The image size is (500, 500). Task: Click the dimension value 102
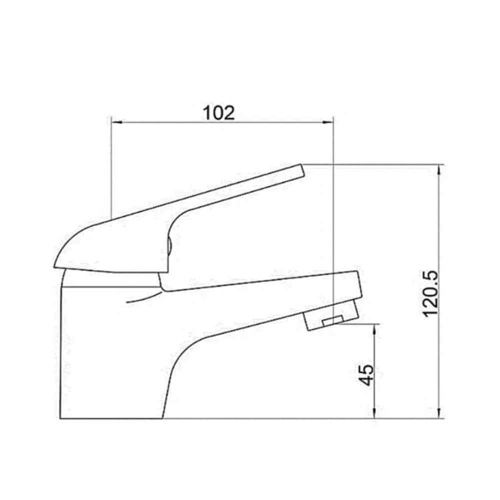tap(218, 112)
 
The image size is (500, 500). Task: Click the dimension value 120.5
tap(430, 293)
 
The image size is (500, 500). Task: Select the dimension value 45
tap(367, 374)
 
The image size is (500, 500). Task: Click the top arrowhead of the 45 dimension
tap(375, 328)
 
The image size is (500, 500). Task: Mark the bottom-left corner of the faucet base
tap(60, 418)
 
